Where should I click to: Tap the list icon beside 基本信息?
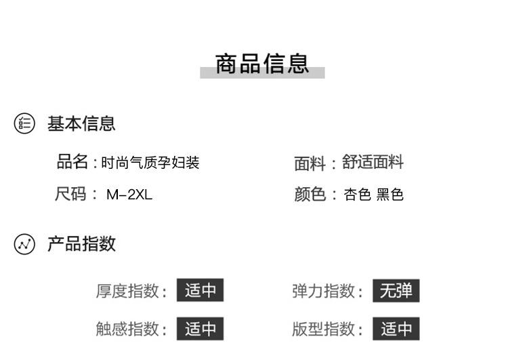pos(24,123)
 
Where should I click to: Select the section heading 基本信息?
pos(81,123)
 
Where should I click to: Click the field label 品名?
pos(72,162)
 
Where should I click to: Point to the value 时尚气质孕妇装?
pos(150,163)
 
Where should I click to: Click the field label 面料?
pos(310,163)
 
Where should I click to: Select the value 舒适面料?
pos(373,162)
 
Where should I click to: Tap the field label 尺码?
pos(71,195)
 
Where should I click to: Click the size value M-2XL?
pos(129,195)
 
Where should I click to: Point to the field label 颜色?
pos(310,195)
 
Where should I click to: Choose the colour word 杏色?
pos(358,195)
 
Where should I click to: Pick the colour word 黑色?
pos(390,195)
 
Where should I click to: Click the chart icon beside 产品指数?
pos(24,244)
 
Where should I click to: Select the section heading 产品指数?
pos(81,244)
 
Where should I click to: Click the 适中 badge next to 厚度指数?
pos(200,291)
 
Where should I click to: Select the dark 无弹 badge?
pos(396,291)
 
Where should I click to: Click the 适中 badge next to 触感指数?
pos(200,329)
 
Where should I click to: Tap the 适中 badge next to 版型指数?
pos(396,329)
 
